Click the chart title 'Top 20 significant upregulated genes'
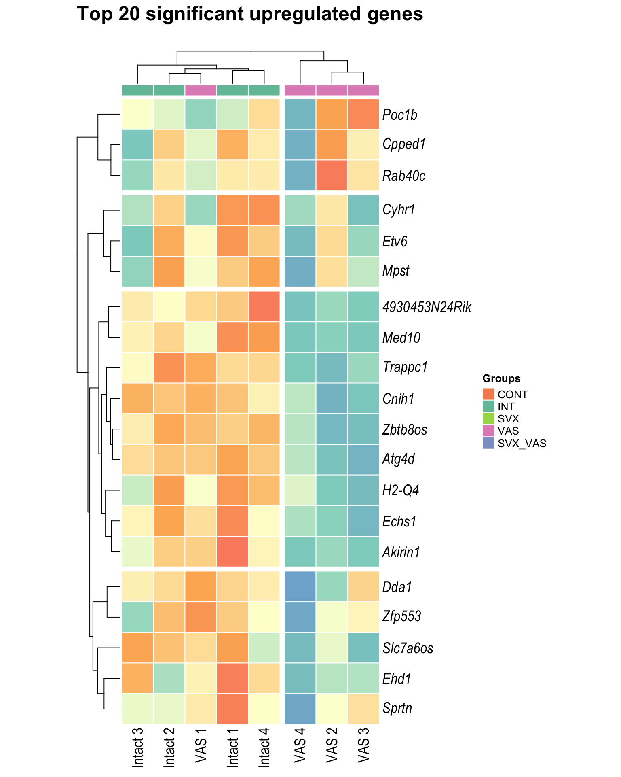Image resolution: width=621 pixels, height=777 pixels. pyautogui.click(x=250, y=15)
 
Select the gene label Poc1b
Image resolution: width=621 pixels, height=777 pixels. pyautogui.click(x=399, y=115)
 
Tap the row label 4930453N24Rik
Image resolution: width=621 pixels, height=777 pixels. pyautogui.click(x=427, y=307)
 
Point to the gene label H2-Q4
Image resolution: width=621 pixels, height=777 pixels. pyautogui.click(x=400, y=491)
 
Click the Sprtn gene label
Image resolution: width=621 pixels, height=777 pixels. pyautogui.click(x=397, y=709)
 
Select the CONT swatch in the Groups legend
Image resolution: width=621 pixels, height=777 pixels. pyautogui.click(x=488, y=394)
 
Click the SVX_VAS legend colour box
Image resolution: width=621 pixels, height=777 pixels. pyautogui.click(x=488, y=443)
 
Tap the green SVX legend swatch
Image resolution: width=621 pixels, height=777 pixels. pyautogui.click(x=488, y=418)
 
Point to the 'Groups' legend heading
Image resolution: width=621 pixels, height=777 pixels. pyautogui.click(x=501, y=378)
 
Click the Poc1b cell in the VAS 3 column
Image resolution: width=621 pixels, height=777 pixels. pyautogui.click(x=363, y=114)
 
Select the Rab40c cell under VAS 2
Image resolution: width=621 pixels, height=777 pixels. pyautogui.click(x=332, y=175)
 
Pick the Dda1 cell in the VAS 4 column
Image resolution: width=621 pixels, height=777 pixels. pyautogui.click(x=300, y=586)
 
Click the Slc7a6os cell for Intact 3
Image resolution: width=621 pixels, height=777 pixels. pyautogui.click(x=138, y=647)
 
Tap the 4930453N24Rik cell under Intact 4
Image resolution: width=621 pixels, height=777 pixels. pyautogui.click(x=264, y=306)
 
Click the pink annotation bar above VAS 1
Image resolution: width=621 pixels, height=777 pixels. pyautogui.click(x=201, y=90)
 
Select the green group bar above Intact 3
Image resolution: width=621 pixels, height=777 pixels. pyautogui.click(x=138, y=90)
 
